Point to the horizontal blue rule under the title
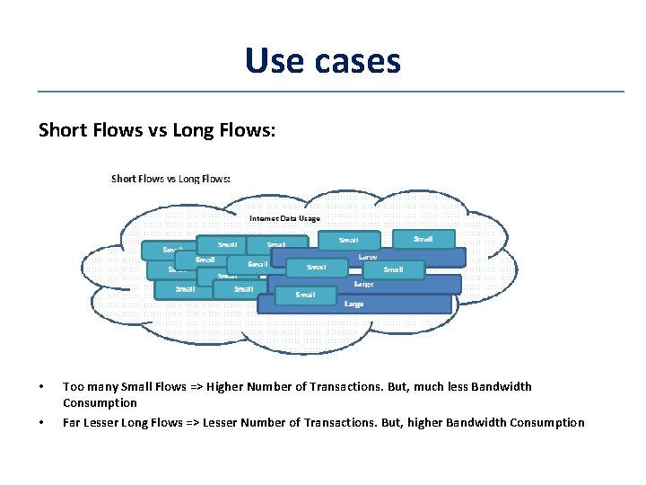click(x=330, y=91)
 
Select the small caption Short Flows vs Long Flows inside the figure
click(x=170, y=178)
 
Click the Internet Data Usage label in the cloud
click(x=284, y=218)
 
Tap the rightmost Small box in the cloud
click(x=423, y=239)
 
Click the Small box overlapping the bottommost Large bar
click(x=305, y=295)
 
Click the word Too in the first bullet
click(x=73, y=387)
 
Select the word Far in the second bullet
click(x=72, y=423)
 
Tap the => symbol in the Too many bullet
click(x=196, y=387)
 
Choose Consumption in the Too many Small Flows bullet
click(x=100, y=403)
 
